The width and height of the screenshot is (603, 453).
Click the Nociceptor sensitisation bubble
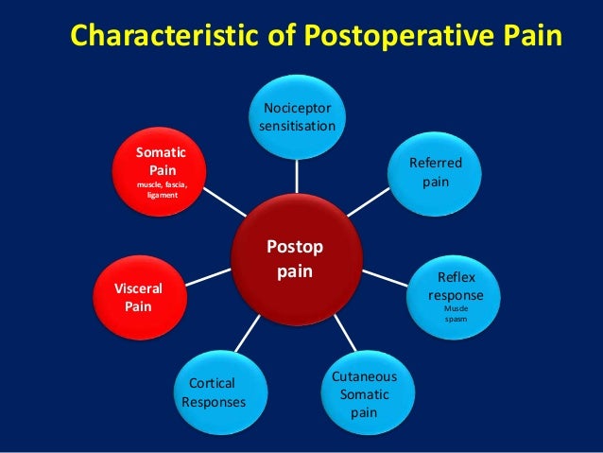pyautogui.click(x=297, y=115)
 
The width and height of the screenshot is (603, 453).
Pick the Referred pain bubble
pyautogui.click(x=435, y=170)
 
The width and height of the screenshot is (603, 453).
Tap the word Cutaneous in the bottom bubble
pyautogui.click(x=364, y=377)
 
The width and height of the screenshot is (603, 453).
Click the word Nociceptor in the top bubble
pyautogui.click(x=297, y=107)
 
